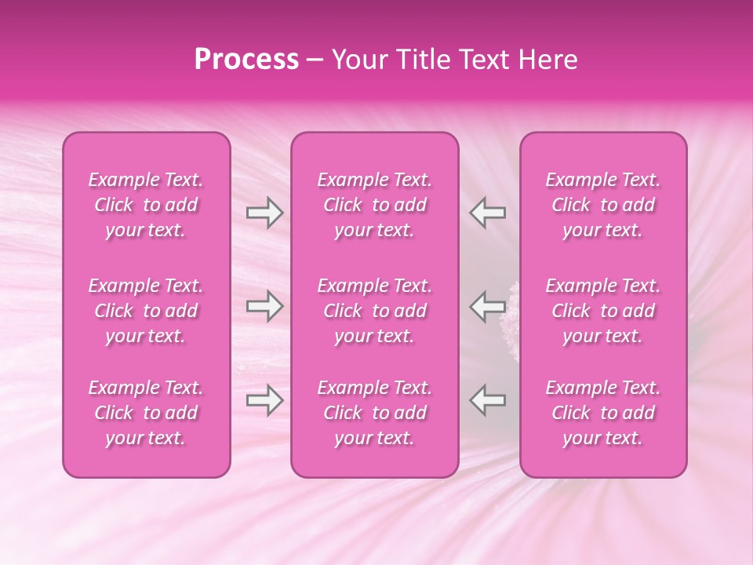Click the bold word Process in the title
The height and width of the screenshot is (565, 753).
(246, 60)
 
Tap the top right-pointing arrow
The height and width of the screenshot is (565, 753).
(264, 213)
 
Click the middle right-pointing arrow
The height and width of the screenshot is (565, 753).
(264, 306)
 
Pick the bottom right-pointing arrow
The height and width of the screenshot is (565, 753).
(264, 400)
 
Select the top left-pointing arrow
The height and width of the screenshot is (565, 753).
(487, 213)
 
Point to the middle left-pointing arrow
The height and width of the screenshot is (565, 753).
(487, 306)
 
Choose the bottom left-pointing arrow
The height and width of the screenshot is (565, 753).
(487, 400)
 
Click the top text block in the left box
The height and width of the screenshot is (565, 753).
(146, 205)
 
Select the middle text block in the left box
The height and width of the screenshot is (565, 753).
(146, 311)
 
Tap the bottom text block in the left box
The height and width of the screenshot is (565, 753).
(146, 413)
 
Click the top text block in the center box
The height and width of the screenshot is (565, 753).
(374, 205)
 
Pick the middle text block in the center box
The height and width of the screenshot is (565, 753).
(374, 311)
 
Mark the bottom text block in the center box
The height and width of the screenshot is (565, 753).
(374, 413)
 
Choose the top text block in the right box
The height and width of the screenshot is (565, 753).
(602, 205)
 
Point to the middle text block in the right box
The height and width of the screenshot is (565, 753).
(602, 311)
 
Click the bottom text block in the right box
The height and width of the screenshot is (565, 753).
(602, 413)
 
